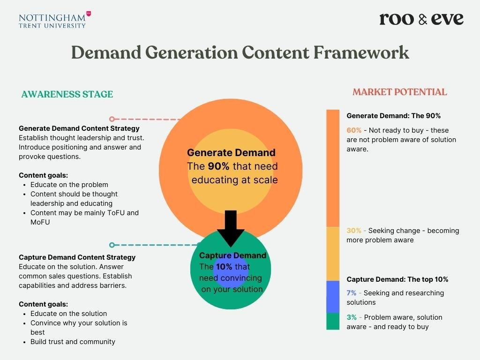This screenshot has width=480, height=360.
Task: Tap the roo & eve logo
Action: click(x=421, y=19)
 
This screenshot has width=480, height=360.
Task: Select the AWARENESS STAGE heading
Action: click(x=67, y=94)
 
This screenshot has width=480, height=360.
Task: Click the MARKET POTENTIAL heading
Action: click(x=399, y=92)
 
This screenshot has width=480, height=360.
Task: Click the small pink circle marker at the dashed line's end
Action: click(x=112, y=119)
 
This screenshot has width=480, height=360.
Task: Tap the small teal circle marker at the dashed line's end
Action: click(x=112, y=245)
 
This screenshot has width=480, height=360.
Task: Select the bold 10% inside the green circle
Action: click(x=224, y=267)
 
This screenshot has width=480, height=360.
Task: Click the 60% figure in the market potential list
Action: click(x=354, y=130)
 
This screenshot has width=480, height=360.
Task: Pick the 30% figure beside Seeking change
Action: click(x=354, y=231)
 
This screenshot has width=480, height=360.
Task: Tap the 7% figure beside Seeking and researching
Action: click(x=352, y=293)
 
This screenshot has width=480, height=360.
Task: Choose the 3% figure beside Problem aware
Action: click(x=352, y=317)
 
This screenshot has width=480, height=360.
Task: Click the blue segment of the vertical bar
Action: click(x=333, y=297)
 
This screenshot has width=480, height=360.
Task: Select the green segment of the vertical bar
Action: click(x=333, y=321)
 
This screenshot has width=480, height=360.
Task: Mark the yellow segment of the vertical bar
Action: click(x=333, y=254)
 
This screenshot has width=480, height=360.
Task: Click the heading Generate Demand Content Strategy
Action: click(x=79, y=128)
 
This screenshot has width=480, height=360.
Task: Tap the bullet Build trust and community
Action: click(x=73, y=342)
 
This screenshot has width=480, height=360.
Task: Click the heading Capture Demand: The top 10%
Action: click(x=397, y=279)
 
